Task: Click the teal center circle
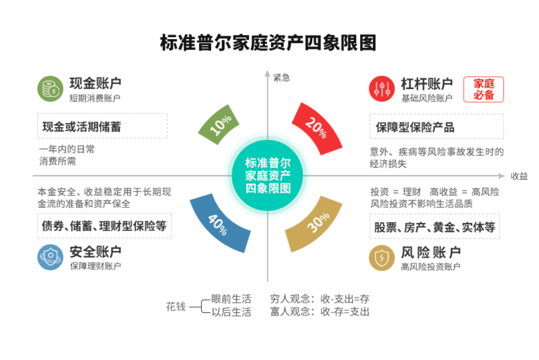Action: [267, 176]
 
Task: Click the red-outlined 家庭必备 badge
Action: [484, 89]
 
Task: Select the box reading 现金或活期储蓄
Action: [102, 126]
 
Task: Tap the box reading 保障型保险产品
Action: [436, 127]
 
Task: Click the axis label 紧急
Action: [281, 77]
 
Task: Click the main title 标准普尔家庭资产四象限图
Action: [268, 43]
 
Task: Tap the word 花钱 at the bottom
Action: [176, 307]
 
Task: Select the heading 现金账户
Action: [95, 83]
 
